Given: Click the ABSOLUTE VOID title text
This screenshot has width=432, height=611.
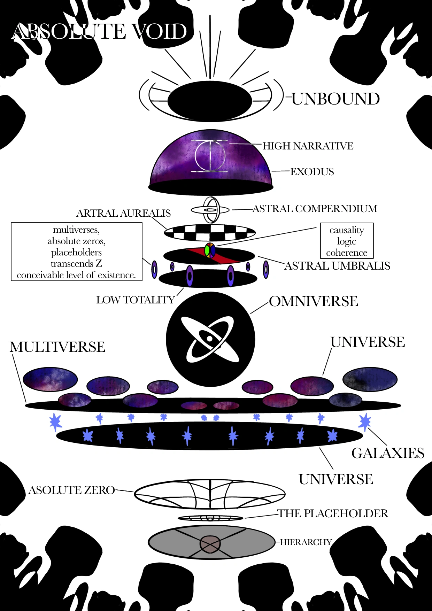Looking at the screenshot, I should pos(99,31).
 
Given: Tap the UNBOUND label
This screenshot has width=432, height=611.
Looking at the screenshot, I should pos(335,99).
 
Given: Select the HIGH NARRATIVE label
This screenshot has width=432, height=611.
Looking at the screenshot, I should pos(308,146).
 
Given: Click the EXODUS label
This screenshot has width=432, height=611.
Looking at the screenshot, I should pos(312,172).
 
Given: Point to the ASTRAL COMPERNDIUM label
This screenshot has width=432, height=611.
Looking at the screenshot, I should pos(315,209).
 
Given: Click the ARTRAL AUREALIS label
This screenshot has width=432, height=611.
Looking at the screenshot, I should pos(123,213).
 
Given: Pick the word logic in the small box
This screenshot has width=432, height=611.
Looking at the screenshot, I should pos(347,241).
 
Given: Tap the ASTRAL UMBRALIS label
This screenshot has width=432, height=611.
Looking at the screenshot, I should pos(337,266).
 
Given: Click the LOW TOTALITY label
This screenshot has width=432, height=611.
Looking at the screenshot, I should pos(135,300).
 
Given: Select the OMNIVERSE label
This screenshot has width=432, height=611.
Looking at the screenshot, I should pos(313,301).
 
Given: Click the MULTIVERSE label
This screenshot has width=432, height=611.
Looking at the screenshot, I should pos(57,347).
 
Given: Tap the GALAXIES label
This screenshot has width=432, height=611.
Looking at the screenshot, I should pos(388,453).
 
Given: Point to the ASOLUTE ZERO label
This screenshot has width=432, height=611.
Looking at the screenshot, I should pos(71,490).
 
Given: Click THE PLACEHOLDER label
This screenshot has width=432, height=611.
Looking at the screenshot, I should pos(333,513).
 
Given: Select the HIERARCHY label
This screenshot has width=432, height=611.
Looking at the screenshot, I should pos(306,542).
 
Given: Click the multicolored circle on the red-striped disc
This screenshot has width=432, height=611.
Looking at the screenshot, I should pos(210,250).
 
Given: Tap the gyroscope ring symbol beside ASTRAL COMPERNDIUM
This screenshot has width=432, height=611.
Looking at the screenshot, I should pos(210,210).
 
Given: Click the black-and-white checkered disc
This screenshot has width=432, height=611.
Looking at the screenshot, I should pos(210,233).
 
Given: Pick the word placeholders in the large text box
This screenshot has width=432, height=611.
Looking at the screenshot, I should pos(76,252).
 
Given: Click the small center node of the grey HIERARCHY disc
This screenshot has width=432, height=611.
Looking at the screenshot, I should pos(210,544).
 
